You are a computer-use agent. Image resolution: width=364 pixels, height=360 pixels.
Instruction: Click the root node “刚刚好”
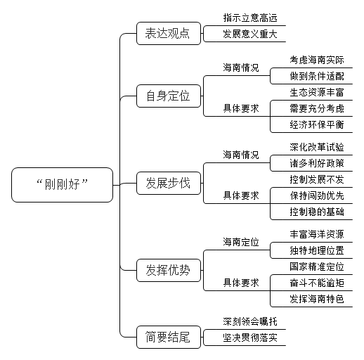pos(62,185)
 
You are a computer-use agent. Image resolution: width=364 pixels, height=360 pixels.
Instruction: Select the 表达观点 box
pos(169,33)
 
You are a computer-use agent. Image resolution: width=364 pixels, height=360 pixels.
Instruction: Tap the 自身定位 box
pos(169,96)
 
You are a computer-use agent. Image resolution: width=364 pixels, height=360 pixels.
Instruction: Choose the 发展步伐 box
pos(169,183)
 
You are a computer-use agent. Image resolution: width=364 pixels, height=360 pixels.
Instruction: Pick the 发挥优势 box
pos(169,270)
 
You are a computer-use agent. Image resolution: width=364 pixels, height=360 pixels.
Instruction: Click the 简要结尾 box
pos(169,337)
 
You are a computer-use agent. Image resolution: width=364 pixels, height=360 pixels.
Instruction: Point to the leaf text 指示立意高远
pos(250,18)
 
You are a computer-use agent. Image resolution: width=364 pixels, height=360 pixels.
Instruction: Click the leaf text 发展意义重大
pos(250,34)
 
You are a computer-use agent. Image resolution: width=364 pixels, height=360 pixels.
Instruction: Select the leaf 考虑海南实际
pos(317,60)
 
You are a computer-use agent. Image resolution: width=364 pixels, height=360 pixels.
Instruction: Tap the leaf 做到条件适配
pos(317,76)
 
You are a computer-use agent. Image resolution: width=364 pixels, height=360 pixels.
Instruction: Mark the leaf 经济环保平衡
pos(317,124)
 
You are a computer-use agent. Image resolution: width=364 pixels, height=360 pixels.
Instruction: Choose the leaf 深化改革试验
pos(317,147)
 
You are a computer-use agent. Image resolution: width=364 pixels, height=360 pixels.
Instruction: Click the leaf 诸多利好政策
pos(317,163)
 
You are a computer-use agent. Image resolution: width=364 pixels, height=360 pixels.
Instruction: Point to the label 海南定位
pos(241,242)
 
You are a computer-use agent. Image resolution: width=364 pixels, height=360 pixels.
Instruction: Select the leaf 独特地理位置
pos(317,250)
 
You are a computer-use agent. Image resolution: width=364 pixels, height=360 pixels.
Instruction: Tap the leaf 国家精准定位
pos(317,266)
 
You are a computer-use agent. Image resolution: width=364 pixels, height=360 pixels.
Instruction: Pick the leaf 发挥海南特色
pos(317,299)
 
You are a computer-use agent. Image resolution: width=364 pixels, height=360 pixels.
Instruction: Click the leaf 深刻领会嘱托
pos(250,321)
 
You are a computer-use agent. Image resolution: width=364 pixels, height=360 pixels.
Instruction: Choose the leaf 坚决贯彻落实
pos(250,337)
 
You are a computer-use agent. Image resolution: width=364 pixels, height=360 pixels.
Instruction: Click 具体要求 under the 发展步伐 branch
pos(241,195)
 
